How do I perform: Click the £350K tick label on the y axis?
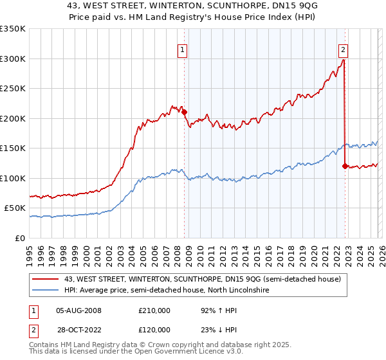pos(13,29)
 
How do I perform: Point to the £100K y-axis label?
pos(13,178)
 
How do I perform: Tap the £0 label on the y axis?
pos(19,238)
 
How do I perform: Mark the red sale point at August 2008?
pos(184,113)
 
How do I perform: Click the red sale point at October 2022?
pos(345,166)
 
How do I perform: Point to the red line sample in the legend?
pos(46,279)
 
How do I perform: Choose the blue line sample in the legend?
pos(46,291)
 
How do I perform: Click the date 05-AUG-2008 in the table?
pos(78,310)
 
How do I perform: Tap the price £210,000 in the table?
pos(154,310)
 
